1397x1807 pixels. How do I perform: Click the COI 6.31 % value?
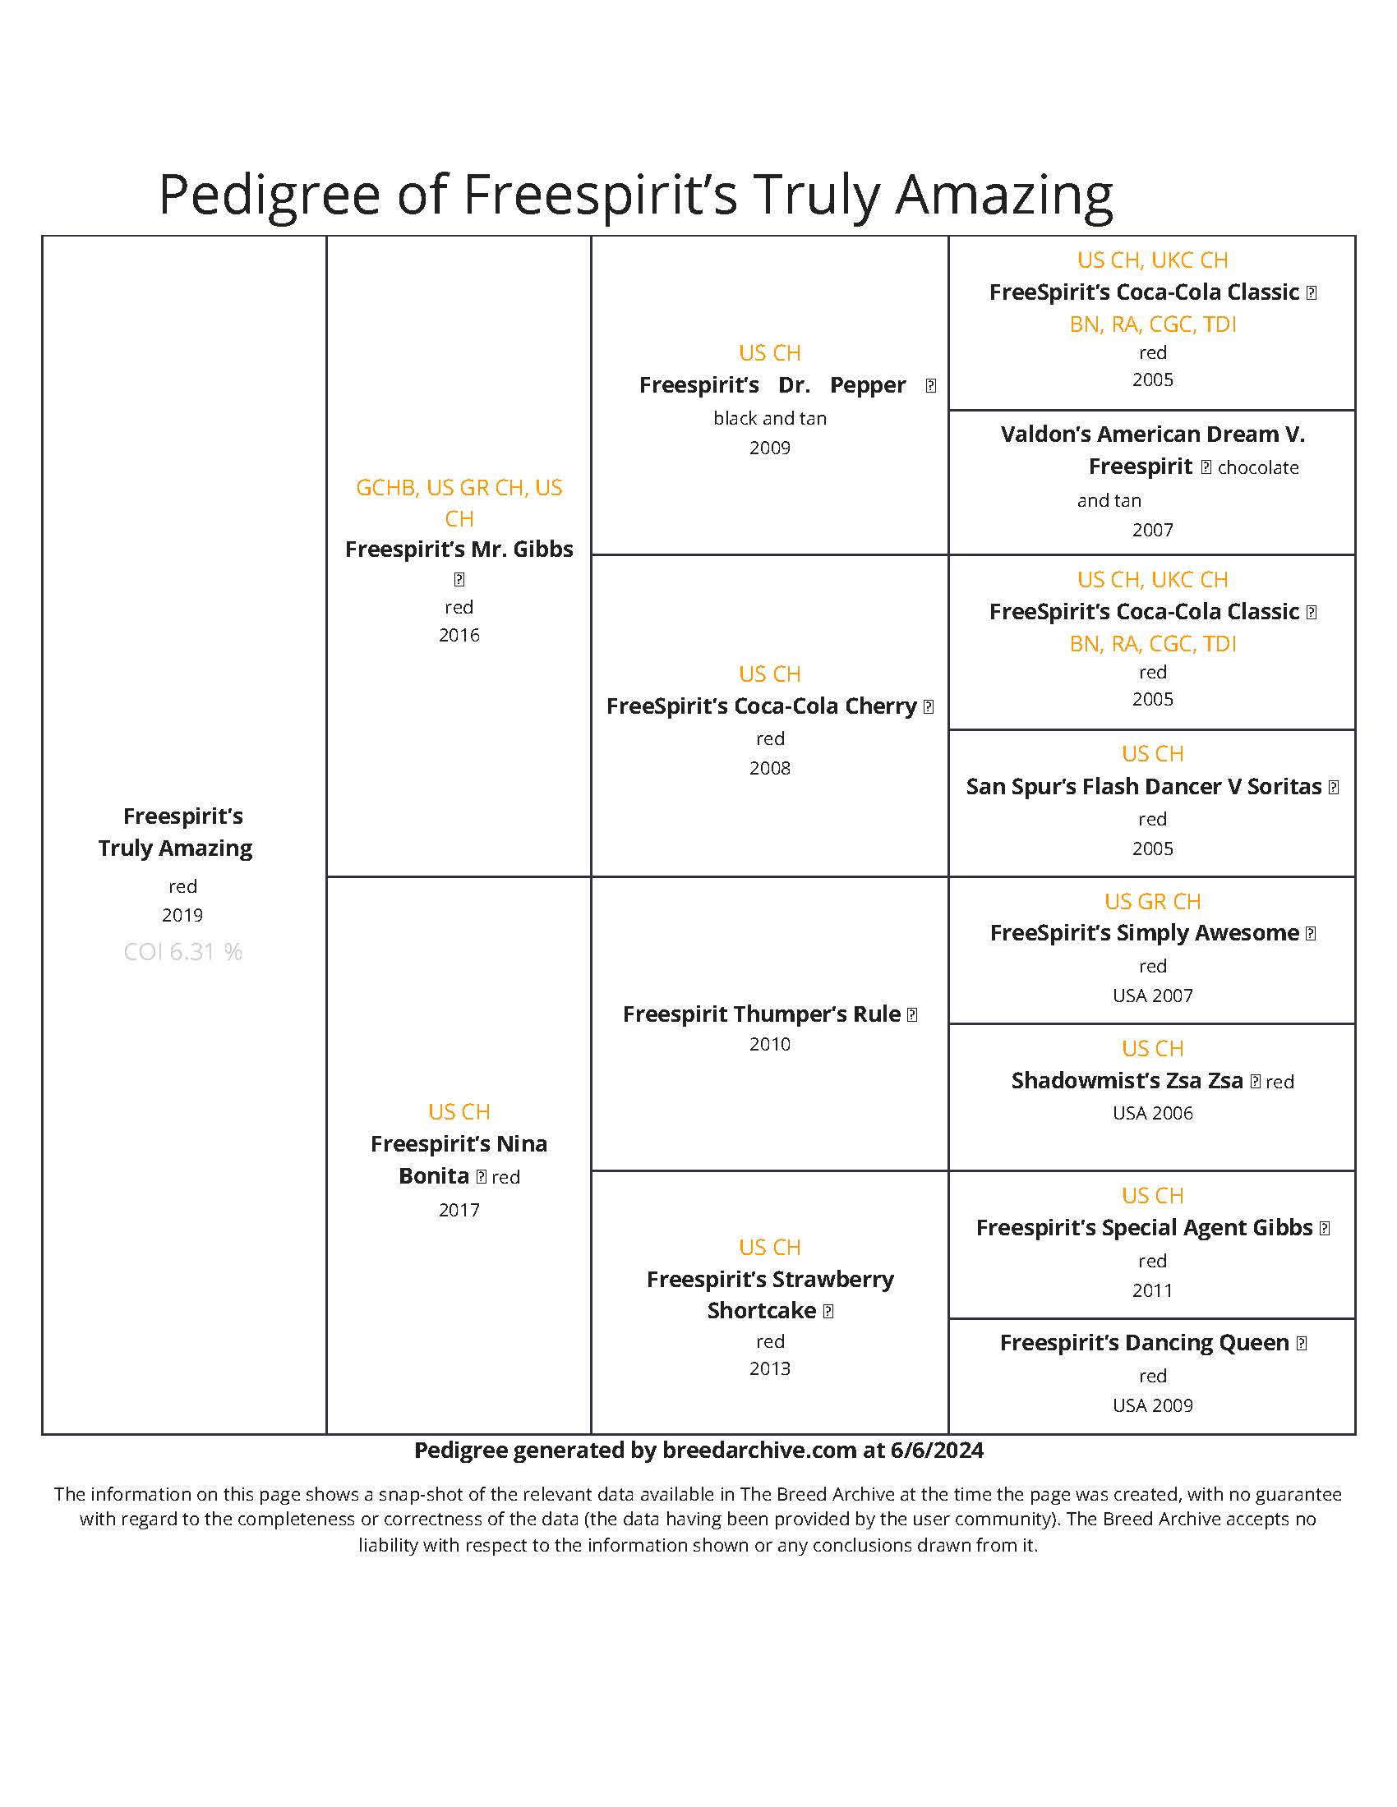(x=182, y=951)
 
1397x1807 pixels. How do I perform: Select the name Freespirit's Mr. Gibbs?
(x=459, y=549)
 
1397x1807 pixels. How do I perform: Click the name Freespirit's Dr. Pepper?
(x=772, y=384)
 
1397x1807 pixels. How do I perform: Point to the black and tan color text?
(x=770, y=418)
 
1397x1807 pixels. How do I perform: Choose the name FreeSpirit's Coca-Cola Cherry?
(x=761, y=706)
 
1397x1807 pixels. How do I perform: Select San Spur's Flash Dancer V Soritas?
(x=1143, y=786)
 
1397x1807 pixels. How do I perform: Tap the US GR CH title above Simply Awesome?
(x=1152, y=901)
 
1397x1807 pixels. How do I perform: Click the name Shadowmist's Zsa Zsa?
(x=1127, y=1081)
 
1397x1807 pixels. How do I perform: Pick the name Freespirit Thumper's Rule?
(x=761, y=1014)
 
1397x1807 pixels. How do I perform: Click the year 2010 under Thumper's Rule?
(x=770, y=1044)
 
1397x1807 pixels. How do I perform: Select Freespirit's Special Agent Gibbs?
(x=1144, y=1227)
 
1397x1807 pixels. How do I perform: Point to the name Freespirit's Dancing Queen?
(x=1144, y=1342)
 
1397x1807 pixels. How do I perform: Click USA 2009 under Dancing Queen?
(x=1152, y=1405)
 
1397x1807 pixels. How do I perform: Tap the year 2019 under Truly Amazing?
(x=182, y=915)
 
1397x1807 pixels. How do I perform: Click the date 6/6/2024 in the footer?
(x=937, y=1451)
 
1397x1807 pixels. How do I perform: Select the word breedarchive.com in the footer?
(x=759, y=1451)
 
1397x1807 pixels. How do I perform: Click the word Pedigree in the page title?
(x=269, y=195)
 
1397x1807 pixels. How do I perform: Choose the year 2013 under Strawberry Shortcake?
(x=770, y=1368)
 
